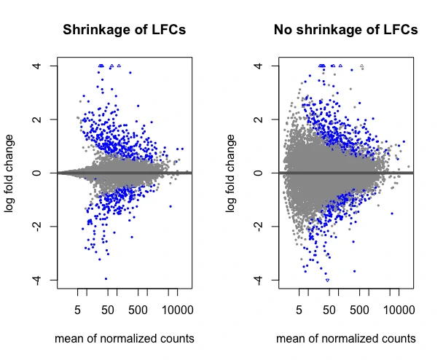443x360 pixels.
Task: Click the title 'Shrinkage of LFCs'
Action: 125,31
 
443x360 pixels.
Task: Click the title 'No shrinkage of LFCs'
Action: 346,31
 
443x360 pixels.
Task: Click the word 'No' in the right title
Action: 283,31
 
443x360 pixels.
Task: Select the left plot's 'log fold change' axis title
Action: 10,173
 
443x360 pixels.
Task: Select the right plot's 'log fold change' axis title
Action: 231,173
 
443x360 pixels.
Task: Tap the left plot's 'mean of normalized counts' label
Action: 125,339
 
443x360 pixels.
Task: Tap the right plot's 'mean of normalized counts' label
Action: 346,339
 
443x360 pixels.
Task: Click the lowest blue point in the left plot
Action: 106,278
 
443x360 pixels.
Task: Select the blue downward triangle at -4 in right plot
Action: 327,280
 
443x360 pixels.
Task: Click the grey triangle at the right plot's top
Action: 361,66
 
